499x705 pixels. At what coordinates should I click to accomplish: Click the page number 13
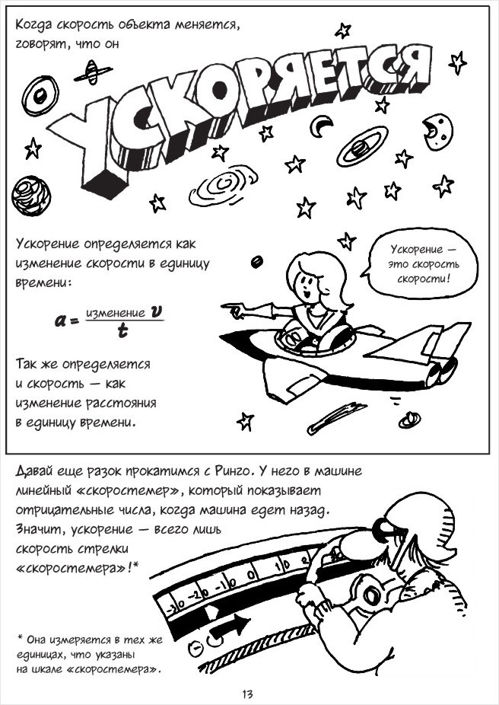247,694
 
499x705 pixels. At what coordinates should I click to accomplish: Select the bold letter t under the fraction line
122,331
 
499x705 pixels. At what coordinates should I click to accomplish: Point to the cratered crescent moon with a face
437,131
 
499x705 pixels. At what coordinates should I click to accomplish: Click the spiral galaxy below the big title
223,185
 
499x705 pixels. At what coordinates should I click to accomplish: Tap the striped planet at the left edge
31,195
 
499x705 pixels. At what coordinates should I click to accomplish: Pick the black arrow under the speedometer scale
230,625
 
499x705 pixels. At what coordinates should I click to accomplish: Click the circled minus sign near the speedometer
195,648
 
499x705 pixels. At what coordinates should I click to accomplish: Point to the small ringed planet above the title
93,72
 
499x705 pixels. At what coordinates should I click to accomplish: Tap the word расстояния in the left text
120,404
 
